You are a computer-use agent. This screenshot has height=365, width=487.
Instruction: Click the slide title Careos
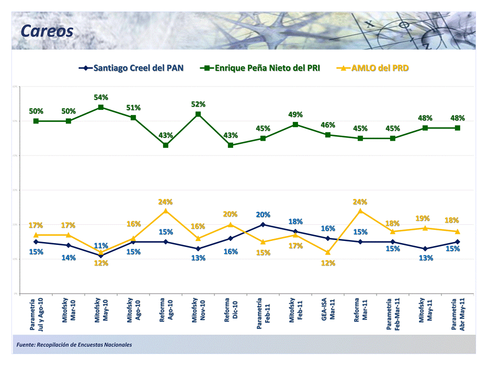pos(47,31)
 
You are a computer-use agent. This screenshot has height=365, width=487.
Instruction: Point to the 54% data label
pos(101,97)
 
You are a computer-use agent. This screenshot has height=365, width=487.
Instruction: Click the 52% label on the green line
pos(198,104)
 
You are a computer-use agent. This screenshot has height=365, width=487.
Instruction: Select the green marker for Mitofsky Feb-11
pos(295,125)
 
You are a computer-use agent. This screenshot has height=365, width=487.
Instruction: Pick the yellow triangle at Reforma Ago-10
pos(166,211)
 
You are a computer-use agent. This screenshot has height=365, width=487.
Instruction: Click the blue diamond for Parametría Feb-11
pos(263,225)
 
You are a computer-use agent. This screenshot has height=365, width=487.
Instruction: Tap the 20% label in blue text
pos(263,215)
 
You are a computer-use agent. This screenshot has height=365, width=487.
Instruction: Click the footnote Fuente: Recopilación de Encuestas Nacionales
pos(74,345)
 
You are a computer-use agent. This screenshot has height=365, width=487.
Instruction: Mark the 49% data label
pos(295,114)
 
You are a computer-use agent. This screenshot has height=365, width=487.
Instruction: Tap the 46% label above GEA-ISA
pos(328,125)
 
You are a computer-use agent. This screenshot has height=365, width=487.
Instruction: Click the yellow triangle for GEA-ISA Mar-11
pos(328,252)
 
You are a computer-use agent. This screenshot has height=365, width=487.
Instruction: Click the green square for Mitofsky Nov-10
pos(198,114)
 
